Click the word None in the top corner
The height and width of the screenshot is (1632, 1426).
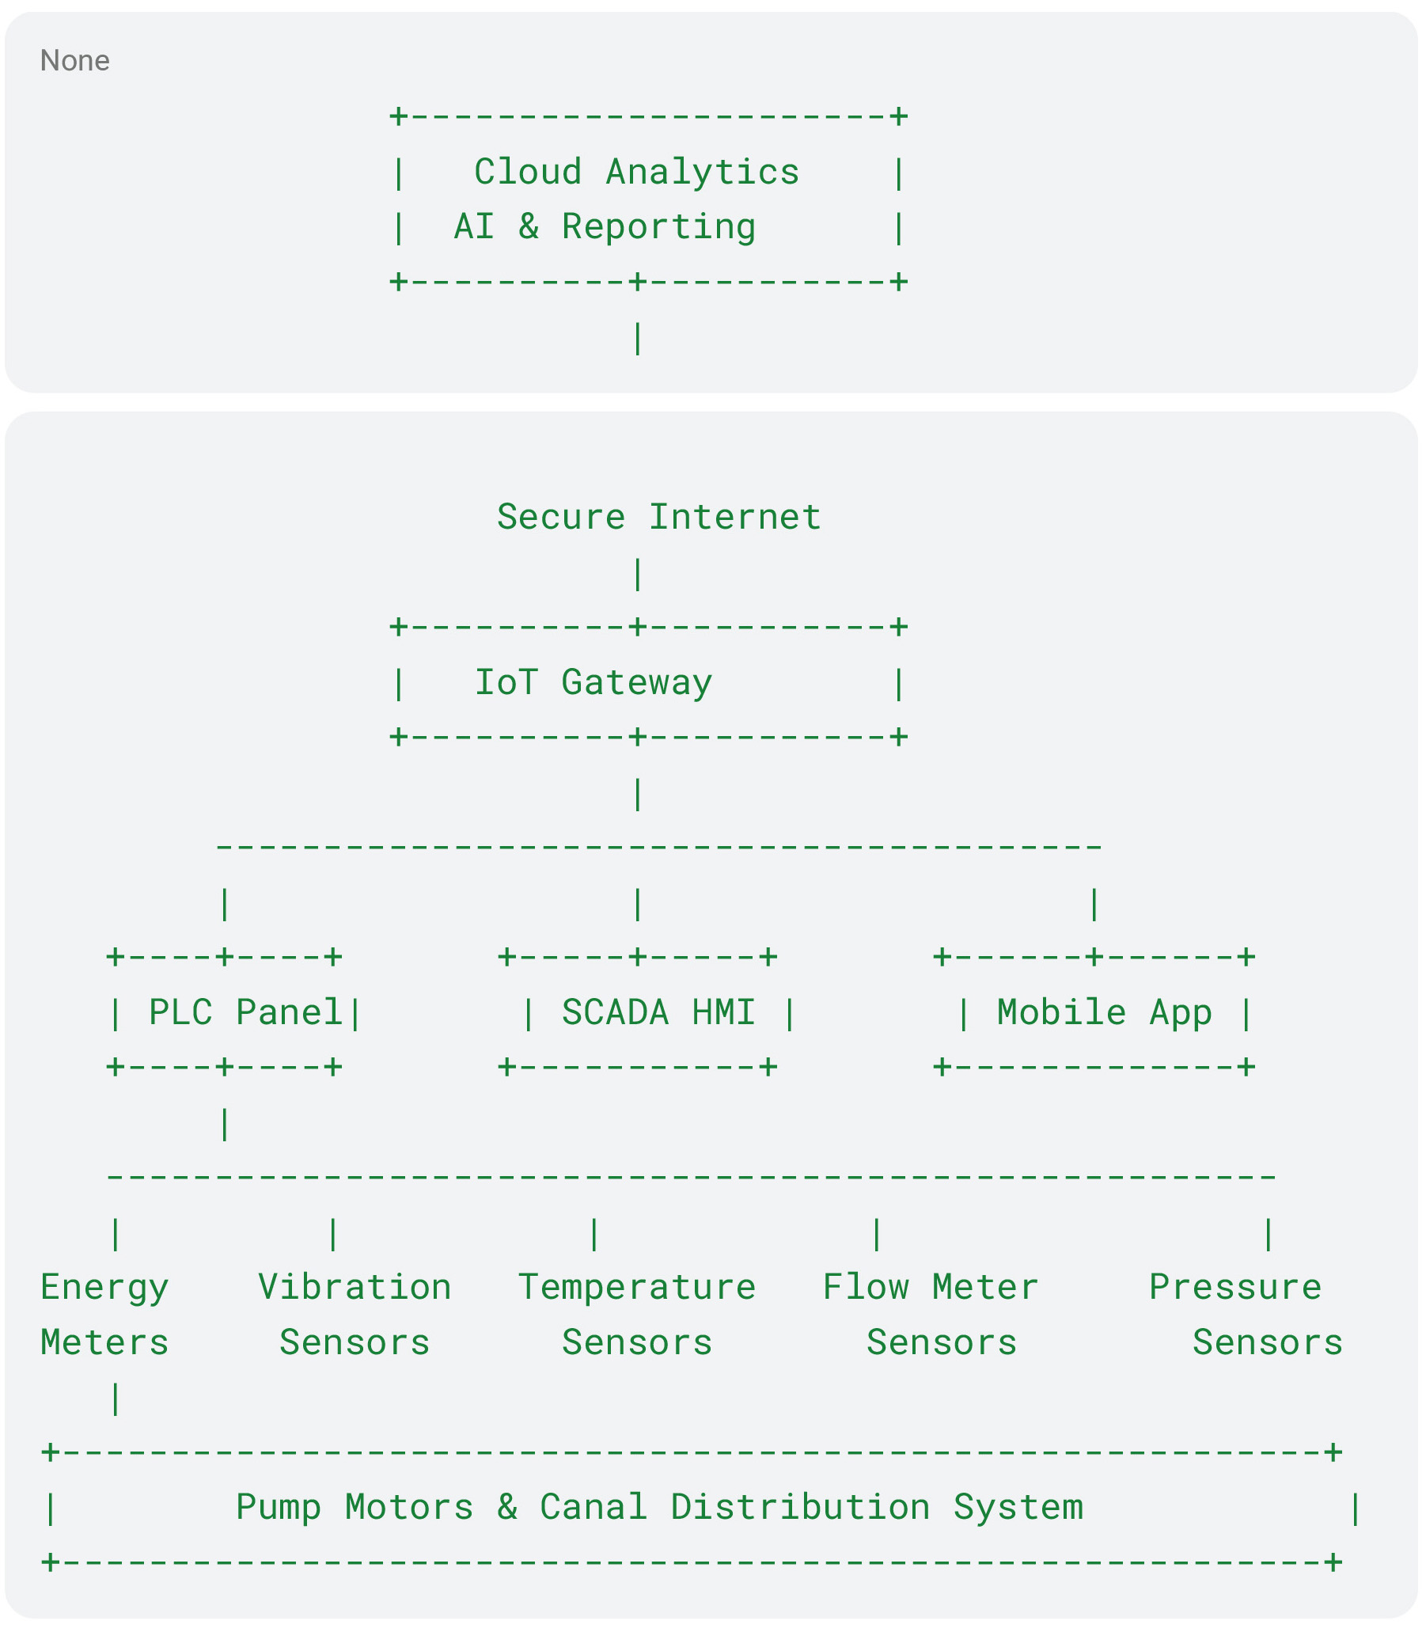75,60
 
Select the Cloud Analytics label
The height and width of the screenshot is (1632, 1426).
636,172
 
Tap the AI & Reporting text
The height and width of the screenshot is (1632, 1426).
605,227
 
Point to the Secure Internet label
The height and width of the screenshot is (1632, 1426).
659,516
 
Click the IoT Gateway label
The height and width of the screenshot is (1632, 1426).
594,683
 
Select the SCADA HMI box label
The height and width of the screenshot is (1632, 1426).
659,1012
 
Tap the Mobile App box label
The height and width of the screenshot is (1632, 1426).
1105,1012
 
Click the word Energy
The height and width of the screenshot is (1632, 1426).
105,1288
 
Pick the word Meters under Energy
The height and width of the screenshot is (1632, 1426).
105,1342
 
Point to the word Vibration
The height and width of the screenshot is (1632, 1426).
355,1287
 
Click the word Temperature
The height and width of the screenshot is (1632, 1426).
637,1288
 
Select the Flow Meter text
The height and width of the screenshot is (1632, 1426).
931,1287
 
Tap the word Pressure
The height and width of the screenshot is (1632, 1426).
1235,1287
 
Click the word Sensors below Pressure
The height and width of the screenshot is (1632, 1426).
1268,1342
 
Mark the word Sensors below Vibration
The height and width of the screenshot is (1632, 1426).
355,1342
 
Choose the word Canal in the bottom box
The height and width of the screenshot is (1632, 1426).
594,1507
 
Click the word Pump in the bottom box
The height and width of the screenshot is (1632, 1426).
279,1508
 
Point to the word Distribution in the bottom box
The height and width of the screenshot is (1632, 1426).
801,1507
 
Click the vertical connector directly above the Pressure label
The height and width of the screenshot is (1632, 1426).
1269,1234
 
